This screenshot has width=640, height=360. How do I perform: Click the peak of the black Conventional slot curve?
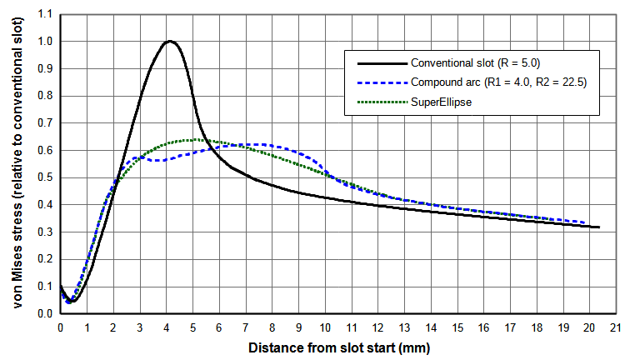170,41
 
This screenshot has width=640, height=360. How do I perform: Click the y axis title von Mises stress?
17,164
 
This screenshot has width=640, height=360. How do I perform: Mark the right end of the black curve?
598,227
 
